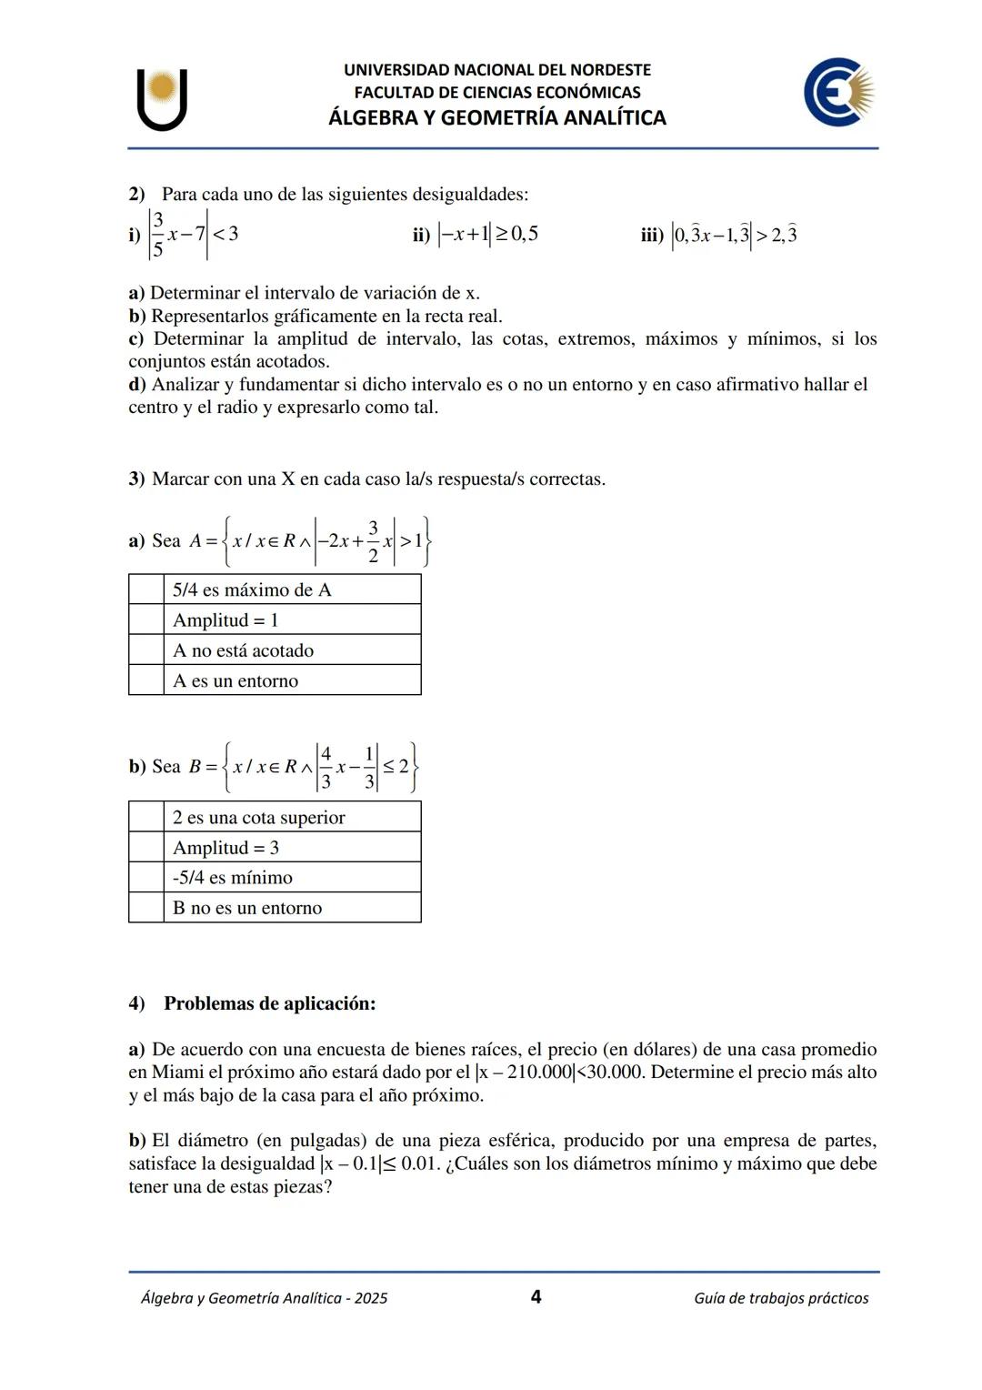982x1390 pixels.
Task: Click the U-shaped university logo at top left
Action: (x=163, y=98)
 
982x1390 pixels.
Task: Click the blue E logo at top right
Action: (x=837, y=92)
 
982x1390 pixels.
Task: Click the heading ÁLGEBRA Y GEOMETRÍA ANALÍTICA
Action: (x=497, y=117)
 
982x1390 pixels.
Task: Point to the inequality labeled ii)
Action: (x=486, y=235)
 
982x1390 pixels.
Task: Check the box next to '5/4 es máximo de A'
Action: (x=146, y=589)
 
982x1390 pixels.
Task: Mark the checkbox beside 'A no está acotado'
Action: (x=146, y=650)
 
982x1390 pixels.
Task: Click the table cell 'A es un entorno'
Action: (x=291, y=680)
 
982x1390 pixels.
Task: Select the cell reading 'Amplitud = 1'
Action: (x=291, y=620)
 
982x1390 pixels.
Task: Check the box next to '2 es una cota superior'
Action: (x=146, y=817)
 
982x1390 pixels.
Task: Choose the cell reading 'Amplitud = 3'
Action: (x=291, y=848)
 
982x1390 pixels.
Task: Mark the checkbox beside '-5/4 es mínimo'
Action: (x=146, y=878)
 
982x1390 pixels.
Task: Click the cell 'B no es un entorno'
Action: (x=291, y=908)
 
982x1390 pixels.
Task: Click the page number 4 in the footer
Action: (x=536, y=1296)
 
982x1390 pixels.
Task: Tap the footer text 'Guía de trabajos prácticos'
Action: (x=780, y=1298)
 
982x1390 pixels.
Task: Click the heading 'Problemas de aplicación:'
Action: (x=269, y=1003)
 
